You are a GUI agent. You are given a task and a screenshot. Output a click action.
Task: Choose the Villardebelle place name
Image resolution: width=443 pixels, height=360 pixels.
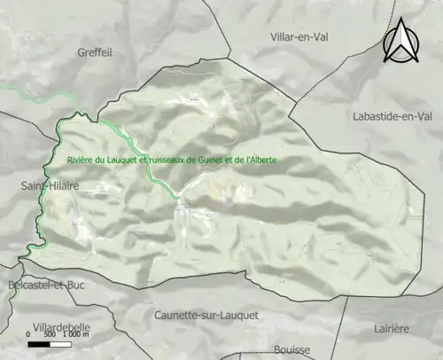61,327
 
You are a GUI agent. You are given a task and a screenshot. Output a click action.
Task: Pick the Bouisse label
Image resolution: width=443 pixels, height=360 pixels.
292,349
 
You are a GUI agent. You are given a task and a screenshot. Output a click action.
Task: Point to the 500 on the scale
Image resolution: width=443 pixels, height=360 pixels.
50,334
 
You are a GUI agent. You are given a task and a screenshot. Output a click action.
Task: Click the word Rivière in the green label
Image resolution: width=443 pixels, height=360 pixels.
82,160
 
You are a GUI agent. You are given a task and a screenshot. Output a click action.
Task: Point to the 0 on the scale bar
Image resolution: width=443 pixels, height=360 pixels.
29,334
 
